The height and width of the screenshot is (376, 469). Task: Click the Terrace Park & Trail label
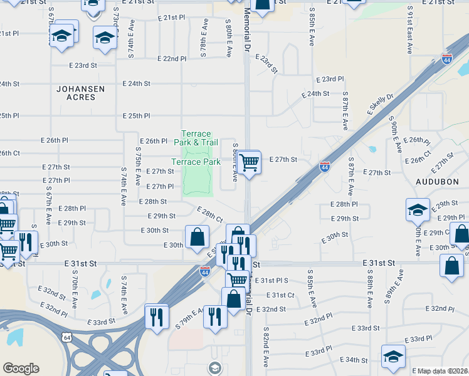(196, 138)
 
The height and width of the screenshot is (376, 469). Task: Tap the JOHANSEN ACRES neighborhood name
(80, 93)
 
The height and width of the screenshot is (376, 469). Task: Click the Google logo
(21, 368)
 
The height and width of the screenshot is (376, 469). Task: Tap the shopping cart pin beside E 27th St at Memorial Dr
(250, 163)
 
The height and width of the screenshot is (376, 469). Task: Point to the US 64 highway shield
(66, 338)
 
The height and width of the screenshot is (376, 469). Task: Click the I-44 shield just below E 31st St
(204, 271)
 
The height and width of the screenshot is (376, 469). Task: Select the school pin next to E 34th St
(393, 357)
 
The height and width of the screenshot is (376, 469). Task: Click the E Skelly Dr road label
(381, 104)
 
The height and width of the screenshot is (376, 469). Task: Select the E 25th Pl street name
(137, 116)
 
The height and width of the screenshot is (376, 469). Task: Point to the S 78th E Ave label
(204, 38)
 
